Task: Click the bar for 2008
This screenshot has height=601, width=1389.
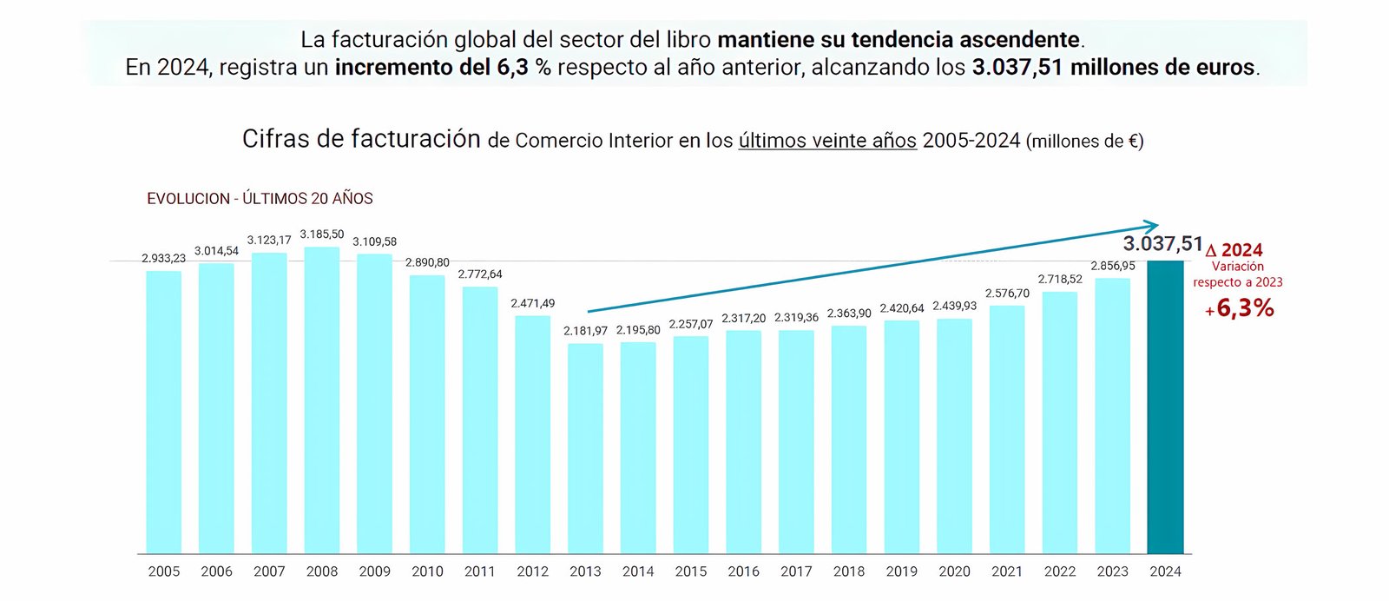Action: click(322, 400)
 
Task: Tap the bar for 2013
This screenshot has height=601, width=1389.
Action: click(585, 448)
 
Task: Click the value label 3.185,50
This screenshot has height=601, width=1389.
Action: click(322, 234)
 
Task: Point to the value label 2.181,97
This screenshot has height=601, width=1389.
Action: click(585, 331)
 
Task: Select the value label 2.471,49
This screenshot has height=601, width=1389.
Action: click(532, 303)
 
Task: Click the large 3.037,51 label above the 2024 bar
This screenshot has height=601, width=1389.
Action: click(1162, 244)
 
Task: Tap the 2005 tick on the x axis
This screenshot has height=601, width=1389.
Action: click(164, 571)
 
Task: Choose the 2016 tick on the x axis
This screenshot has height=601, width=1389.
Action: click(743, 571)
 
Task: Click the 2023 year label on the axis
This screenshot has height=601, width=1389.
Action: click(1112, 571)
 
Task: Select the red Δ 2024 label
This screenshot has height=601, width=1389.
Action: click(1235, 250)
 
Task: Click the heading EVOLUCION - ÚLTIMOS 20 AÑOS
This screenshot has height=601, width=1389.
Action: click(260, 199)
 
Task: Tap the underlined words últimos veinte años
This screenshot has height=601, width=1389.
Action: click(826, 141)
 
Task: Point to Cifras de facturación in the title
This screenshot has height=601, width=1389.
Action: click(361, 139)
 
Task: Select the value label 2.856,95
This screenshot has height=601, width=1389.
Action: click(1112, 266)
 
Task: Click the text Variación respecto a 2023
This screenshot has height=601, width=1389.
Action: click(1237, 274)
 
